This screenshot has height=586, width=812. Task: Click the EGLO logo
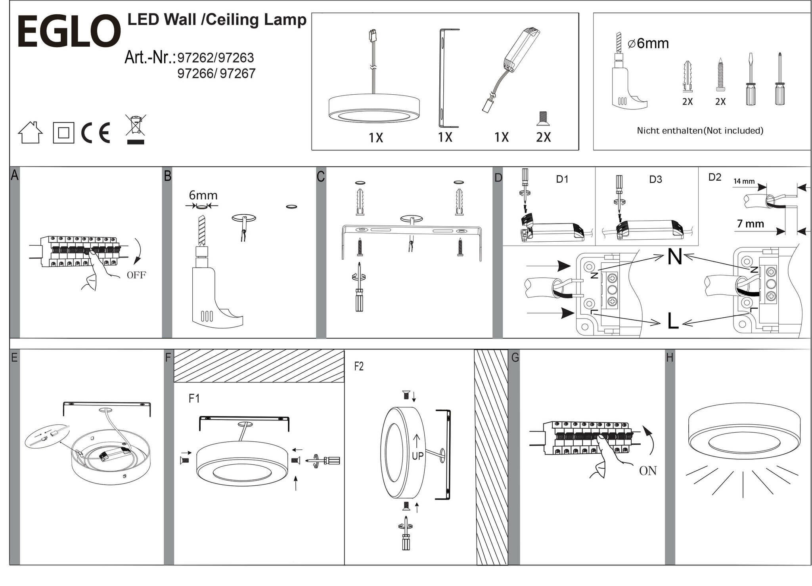[68, 32]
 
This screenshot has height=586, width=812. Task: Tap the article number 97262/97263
[215, 58]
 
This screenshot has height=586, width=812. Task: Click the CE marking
[96, 133]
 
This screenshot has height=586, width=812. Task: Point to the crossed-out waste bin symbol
[136, 129]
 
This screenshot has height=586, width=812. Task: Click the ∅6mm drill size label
[648, 43]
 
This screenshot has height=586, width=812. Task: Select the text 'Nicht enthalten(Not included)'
[700, 130]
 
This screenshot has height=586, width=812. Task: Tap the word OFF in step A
[136, 275]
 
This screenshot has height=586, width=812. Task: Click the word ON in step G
[648, 471]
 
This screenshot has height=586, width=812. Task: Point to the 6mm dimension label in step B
[203, 195]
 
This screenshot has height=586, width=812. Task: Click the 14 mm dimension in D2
[744, 181]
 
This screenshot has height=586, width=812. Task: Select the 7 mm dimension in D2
[750, 224]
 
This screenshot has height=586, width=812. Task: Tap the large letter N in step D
[674, 257]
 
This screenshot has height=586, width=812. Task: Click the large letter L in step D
[673, 321]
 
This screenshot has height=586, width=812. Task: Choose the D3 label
[655, 179]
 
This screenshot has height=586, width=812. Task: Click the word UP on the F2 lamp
[417, 456]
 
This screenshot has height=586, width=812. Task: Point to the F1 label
[194, 398]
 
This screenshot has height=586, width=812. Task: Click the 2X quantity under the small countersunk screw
[543, 137]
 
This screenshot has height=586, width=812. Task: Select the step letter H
[670, 358]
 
